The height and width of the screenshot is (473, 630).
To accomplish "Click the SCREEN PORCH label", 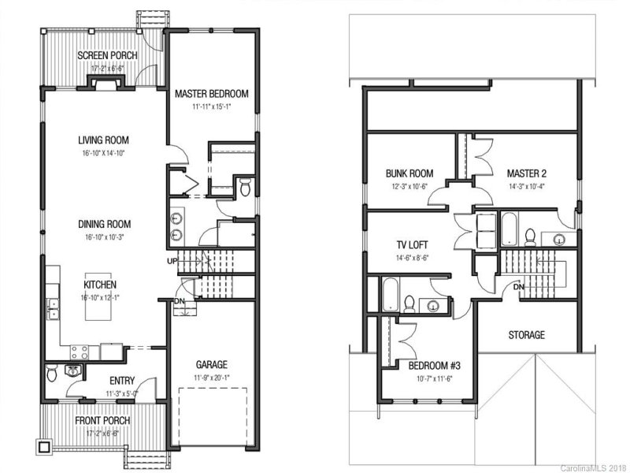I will [106, 55].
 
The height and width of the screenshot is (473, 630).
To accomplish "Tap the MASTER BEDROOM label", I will [211, 94].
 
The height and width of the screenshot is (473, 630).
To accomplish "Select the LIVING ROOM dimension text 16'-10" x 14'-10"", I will [103, 152].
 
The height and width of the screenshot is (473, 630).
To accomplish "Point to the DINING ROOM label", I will [103, 224].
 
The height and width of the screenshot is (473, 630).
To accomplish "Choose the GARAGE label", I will [212, 364].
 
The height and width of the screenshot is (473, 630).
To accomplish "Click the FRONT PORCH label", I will [103, 420].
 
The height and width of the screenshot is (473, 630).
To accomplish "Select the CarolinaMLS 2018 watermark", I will [593, 467].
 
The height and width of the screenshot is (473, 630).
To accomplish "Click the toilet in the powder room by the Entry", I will [53, 374].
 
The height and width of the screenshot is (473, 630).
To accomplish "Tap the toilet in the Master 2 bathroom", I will [530, 235].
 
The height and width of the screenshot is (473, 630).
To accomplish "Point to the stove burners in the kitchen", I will [81, 351].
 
